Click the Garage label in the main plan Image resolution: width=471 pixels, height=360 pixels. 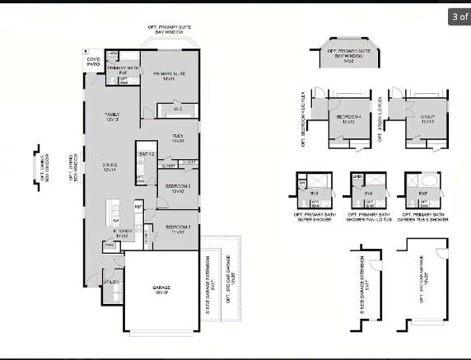click(x=161, y=288)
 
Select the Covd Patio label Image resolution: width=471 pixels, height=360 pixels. click(x=93, y=61)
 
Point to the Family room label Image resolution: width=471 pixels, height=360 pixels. click(x=111, y=116)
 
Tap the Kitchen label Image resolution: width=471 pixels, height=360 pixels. click(x=123, y=234)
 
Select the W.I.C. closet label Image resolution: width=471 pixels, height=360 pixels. click(x=177, y=109)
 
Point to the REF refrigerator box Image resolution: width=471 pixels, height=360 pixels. click(x=138, y=206)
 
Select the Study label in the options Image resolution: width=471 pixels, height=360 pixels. click(x=427, y=117)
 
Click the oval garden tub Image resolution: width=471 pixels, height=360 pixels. click(x=429, y=182)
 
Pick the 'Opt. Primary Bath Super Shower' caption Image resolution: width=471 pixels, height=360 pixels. click(x=315, y=217)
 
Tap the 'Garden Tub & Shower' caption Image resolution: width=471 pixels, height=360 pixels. click(x=422, y=220)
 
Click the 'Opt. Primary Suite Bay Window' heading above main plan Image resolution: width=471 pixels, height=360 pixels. click(x=173, y=29)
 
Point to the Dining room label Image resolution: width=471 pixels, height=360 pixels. click(x=110, y=166)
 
